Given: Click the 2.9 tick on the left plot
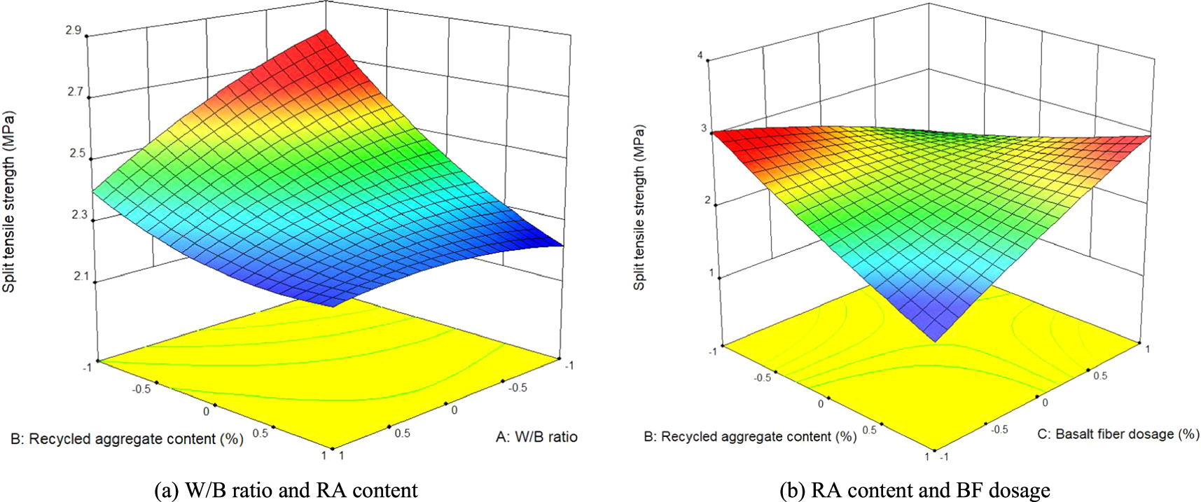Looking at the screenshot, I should [x=74, y=30].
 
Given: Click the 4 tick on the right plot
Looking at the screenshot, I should [x=700, y=56].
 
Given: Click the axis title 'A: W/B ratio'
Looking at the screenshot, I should [x=536, y=437].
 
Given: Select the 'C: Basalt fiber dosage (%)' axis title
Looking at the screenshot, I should [x=1118, y=434].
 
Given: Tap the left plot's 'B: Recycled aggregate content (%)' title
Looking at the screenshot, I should [x=127, y=439].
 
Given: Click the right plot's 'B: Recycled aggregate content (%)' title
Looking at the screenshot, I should [x=750, y=436].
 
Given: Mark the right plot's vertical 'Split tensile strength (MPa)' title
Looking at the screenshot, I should [x=639, y=207].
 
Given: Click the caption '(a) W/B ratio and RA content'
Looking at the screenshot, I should [x=285, y=490].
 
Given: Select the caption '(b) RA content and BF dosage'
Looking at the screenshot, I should [x=915, y=490].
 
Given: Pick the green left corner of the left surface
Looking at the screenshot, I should [x=99, y=190].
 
